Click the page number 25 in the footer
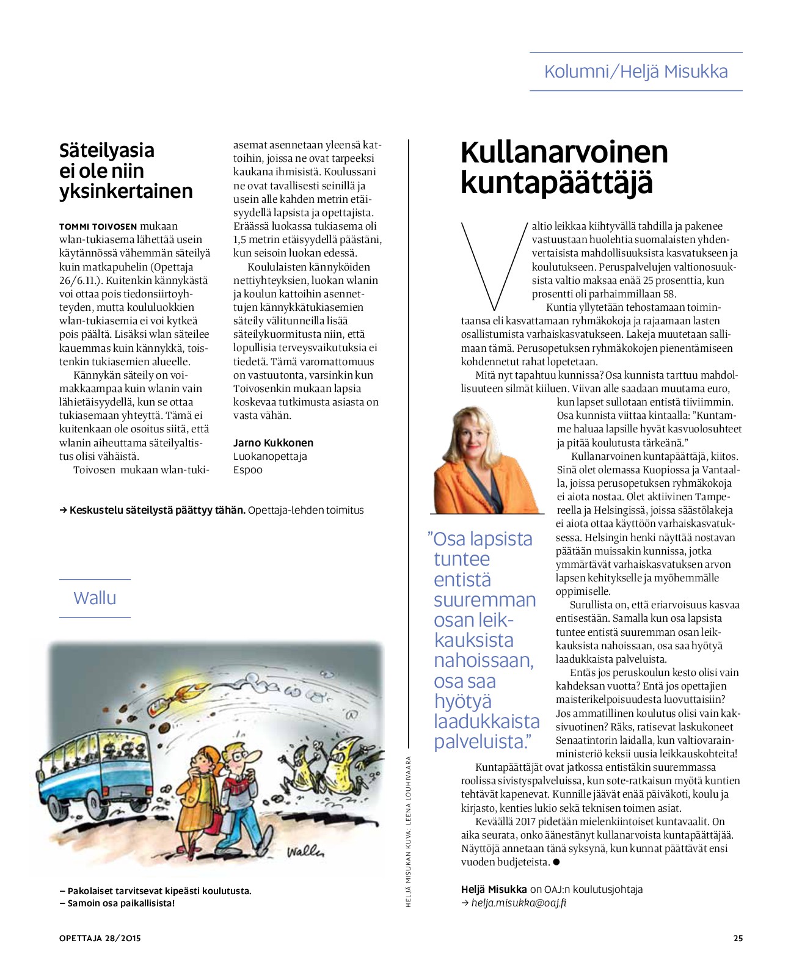(738, 938)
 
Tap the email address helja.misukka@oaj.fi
(519, 903)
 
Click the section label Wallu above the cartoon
(95, 598)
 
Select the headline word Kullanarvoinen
(564, 152)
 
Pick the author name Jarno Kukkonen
(273, 443)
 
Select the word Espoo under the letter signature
(248, 470)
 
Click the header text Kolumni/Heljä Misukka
(635, 71)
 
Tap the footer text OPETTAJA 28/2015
(100, 938)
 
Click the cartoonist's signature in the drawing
(305, 851)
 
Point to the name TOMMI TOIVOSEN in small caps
(98, 227)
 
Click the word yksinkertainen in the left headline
(126, 191)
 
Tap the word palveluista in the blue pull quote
(480, 742)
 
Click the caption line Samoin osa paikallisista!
(117, 903)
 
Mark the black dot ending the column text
(556, 862)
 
